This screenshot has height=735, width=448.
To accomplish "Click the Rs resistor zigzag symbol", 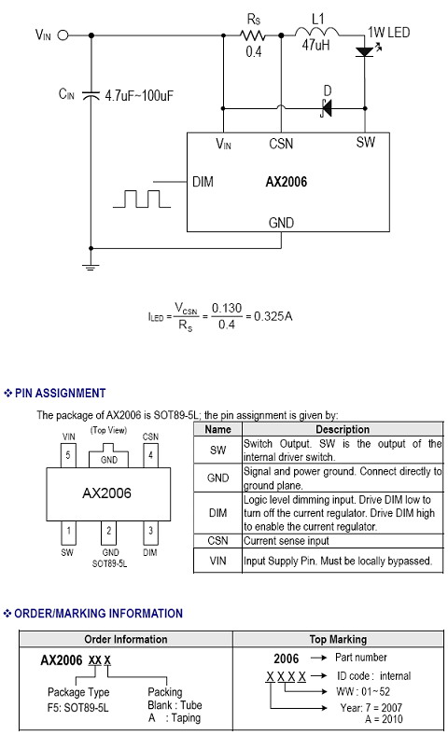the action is (252, 35).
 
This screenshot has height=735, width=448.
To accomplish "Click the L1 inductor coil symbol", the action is (316, 32).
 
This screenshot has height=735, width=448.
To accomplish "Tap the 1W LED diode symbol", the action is (366, 51).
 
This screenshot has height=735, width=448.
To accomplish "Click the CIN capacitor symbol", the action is (91, 95).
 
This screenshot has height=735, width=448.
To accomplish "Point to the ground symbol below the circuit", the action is (91, 267).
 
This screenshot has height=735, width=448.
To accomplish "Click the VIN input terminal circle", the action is (63, 35).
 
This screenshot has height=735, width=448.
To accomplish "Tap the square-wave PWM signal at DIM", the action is (142, 199).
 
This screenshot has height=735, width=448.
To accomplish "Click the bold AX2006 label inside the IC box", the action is (287, 182).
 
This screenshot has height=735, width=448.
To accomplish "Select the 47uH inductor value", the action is (315, 45).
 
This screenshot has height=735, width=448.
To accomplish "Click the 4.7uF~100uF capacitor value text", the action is (139, 96).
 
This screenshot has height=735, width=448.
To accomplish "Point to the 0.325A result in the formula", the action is (273, 316).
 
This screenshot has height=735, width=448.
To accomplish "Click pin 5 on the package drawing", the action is (68, 455).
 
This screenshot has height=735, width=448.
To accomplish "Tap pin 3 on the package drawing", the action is (150, 532).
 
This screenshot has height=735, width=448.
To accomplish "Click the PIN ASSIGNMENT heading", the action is (60, 393).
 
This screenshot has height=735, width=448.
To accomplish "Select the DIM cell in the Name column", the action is (218, 513).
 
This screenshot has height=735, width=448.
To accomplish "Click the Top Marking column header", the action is (338, 639).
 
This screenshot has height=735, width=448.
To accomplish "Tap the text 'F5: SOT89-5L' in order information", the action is (77, 707).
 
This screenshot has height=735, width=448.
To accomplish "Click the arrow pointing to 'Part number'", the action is (318, 659).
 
